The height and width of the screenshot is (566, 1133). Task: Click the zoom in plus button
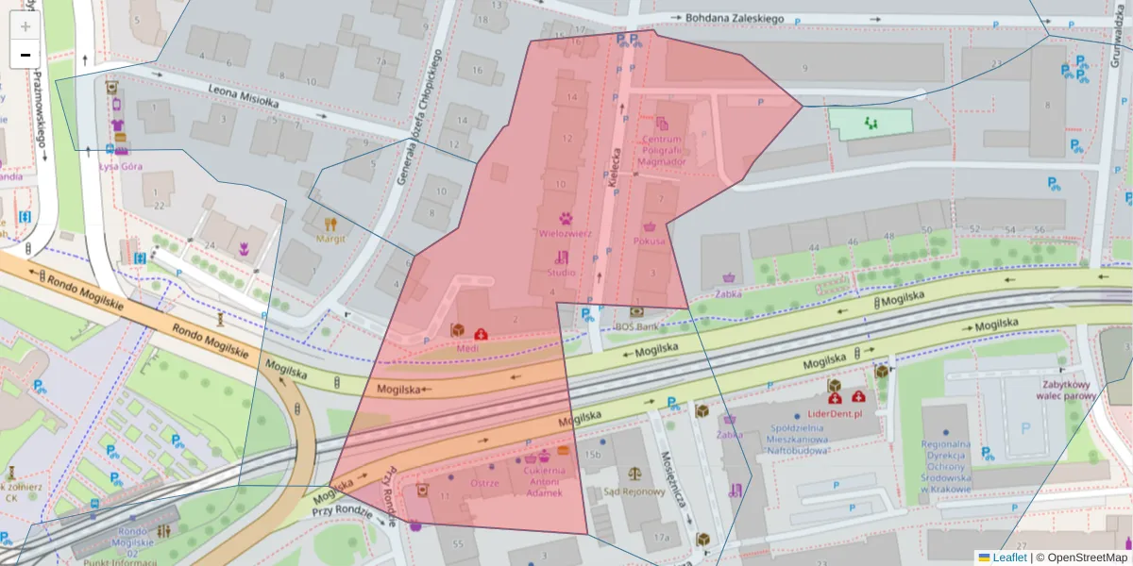point(25,26)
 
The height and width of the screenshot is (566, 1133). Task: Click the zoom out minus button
point(25,55)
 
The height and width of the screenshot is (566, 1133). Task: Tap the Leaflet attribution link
point(1008,558)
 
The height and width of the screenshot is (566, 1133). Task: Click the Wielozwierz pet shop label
point(565,232)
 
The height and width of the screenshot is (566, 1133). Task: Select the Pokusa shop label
point(650,241)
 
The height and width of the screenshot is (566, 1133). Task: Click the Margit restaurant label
point(330,238)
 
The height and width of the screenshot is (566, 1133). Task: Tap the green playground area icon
point(870,123)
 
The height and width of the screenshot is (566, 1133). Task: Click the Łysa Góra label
point(120,166)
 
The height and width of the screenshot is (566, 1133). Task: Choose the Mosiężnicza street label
point(677,474)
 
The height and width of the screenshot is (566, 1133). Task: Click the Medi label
point(467,347)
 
